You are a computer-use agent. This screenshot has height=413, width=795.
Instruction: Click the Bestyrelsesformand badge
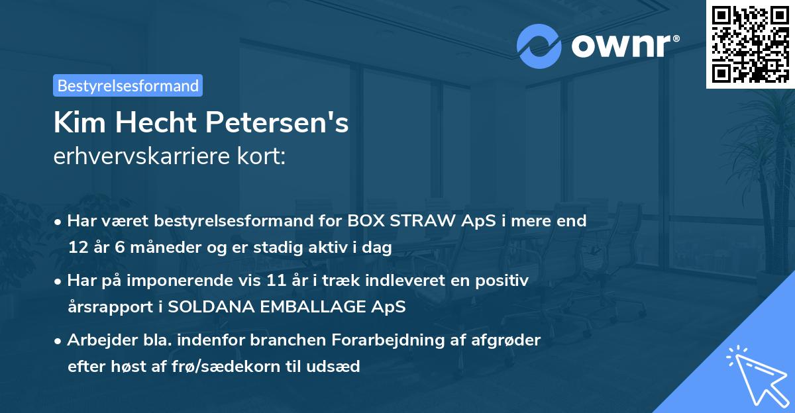(128, 85)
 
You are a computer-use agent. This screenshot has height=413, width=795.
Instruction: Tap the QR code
(750, 44)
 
